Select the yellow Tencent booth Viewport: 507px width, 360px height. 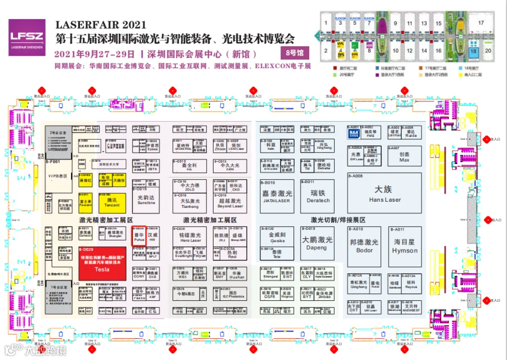[x=112, y=202]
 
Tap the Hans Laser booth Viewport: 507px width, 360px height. [x=385, y=193]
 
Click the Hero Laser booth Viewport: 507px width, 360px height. [x=190, y=237]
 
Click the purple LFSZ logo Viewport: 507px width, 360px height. [x=26, y=37]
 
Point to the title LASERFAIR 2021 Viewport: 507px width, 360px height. [x=100, y=25]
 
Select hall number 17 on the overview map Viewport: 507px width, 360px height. [x=481, y=23]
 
